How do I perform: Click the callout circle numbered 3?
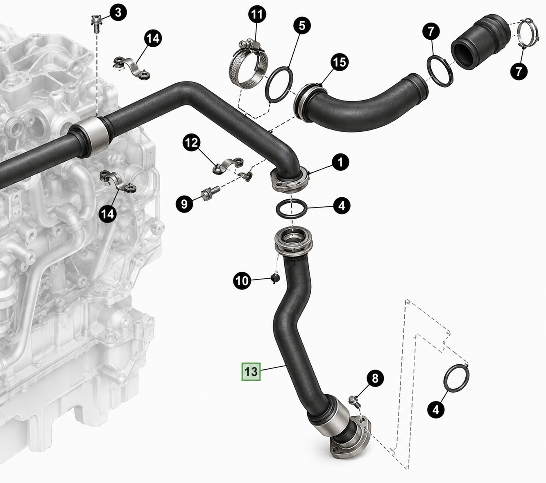click(118, 12)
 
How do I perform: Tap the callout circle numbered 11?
click(257, 15)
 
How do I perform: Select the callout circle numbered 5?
click(302, 26)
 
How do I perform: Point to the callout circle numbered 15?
click(339, 62)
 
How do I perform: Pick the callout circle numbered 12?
click(192, 143)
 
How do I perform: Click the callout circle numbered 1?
click(341, 163)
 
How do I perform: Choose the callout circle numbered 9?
click(184, 204)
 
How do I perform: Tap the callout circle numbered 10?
click(242, 281)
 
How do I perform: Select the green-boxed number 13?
click(251, 372)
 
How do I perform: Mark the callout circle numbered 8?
click(375, 378)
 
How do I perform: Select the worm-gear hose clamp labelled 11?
click(249, 65)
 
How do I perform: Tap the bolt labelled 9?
click(211, 193)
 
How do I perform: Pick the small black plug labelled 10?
click(275, 278)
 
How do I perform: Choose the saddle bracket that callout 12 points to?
click(228, 165)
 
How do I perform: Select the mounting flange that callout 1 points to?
click(289, 180)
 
